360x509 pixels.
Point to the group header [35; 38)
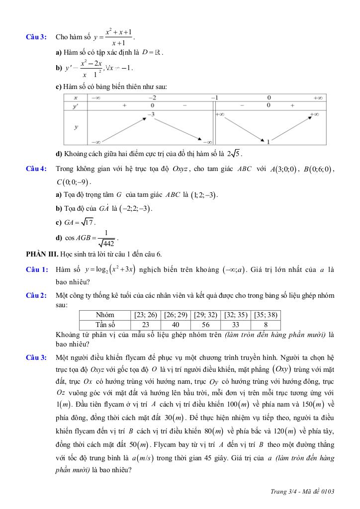(x=267, y=315)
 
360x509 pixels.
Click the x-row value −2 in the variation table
(x=152, y=97)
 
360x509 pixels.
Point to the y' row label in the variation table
(x=76, y=105)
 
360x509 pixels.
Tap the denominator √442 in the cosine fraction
(x=106, y=243)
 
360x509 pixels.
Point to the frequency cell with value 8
(x=267, y=325)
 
